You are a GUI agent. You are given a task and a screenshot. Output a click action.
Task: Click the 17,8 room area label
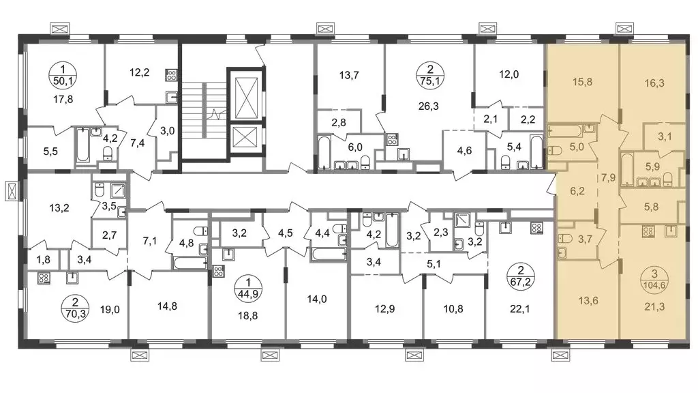pos(63,100)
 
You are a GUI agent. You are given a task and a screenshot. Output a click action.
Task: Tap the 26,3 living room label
pos(429,106)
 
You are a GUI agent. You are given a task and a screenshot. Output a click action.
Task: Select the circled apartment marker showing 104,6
pos(654,279)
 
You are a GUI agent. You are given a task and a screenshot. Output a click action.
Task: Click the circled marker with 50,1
pos(63,74)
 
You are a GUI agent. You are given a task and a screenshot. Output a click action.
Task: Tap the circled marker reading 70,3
pos(75,308)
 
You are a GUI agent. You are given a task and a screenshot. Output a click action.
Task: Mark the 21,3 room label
pos(654,306)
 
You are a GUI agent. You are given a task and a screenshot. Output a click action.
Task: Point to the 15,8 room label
pos(582,82)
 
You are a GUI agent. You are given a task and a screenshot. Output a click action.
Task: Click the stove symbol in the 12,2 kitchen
pos(172,74)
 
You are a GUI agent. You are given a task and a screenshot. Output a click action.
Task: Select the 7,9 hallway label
pos(608,178)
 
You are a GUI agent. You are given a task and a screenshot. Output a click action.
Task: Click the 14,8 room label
pos(168,306)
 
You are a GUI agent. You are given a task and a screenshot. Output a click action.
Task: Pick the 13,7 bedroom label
pos(349,75)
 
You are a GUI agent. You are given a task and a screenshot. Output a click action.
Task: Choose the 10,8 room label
pos(453,308)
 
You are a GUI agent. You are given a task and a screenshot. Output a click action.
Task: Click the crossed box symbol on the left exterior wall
pos(12,191)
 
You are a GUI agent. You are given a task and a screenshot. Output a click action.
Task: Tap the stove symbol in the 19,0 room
pos(44,278)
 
